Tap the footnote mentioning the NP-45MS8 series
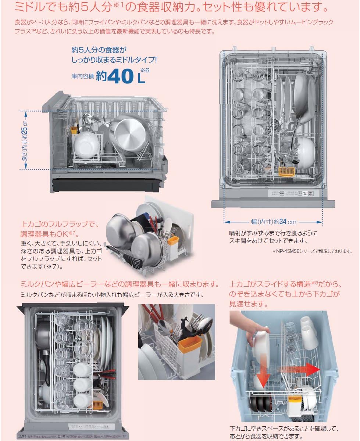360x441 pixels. pyautogui.click(x=312, y=251)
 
